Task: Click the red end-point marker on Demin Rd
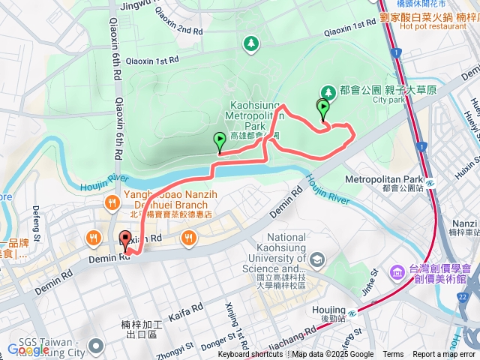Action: pos(125,241)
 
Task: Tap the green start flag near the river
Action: pos(220,141)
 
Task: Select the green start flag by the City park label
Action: pos(323,109)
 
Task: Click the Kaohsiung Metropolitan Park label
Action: pos(253,117)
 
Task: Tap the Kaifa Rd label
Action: pos(186,311)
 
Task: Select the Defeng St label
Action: pos(35,219)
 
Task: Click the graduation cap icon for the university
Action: pos(317,259)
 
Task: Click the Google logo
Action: pos(28,349)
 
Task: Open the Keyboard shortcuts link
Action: pos(250,355)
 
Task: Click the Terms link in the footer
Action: pos(393,355)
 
